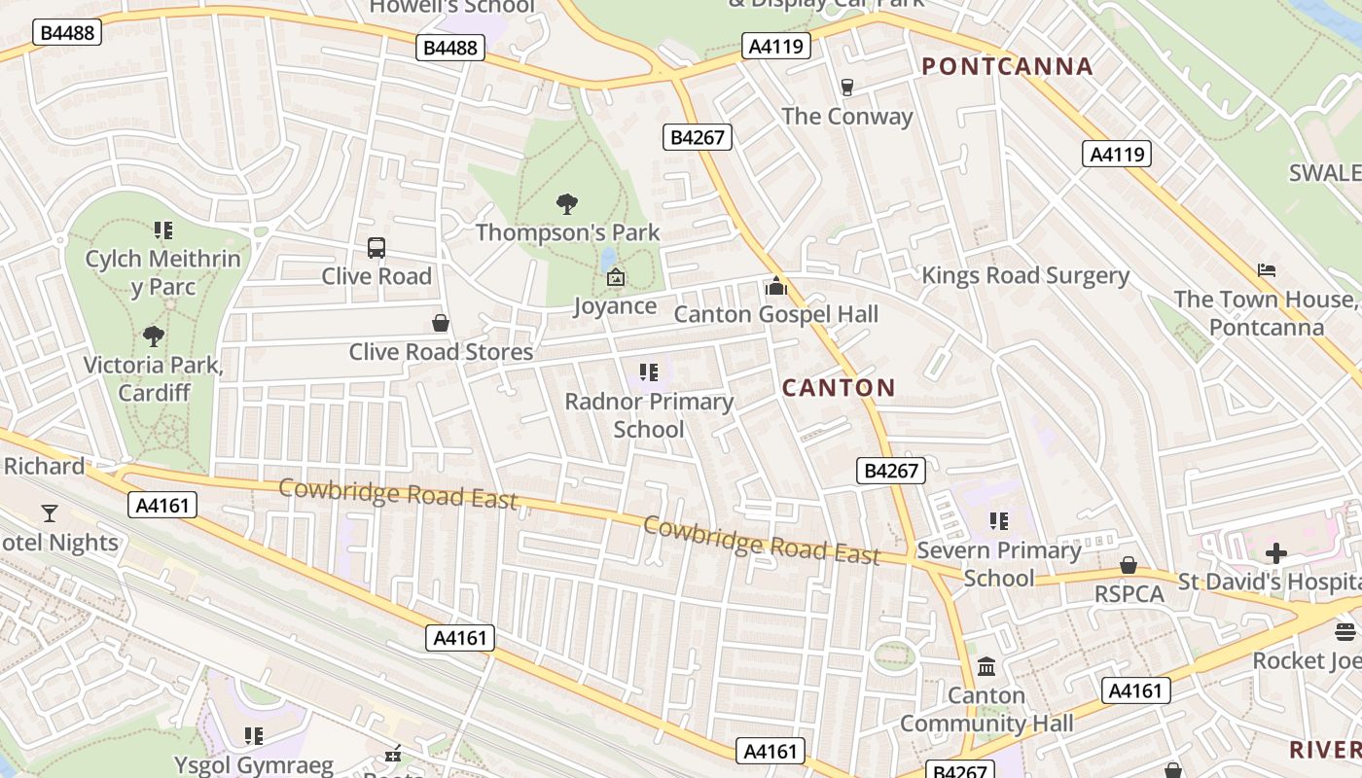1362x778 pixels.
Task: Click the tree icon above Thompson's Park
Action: tap(567, 203)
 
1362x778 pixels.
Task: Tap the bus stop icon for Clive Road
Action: tap(376, 248)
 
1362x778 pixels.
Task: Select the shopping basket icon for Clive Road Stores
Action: tap(441, 323)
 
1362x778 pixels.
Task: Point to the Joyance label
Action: tap(615, 306)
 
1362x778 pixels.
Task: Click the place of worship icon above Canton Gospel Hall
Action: tap(775, 286)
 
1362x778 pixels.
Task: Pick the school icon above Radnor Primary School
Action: tap(649, 372)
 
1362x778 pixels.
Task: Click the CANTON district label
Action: tap(839, 388)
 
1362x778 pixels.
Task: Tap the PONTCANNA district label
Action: tap(1007, 67)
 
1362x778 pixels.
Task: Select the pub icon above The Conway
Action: tap(846, 88)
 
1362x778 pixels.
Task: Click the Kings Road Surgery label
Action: tap(1025, 275)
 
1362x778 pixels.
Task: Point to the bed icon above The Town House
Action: tap(1266, 270)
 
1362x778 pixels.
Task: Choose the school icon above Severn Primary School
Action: tap(998, 521)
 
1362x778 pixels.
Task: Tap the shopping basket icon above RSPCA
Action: tap(1129, 565)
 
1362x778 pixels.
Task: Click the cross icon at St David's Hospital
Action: tap(1275, 553)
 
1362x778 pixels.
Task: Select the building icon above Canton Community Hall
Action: tap(986, 667)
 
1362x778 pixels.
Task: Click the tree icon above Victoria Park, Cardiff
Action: tap(153, 336)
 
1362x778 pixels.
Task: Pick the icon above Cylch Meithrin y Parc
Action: tap(162, 230)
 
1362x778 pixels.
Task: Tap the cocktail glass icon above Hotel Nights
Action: tap(50, 513)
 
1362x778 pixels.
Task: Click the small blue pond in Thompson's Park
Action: tap(609, 258)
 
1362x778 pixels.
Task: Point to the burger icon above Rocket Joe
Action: tap(1345, 632)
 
